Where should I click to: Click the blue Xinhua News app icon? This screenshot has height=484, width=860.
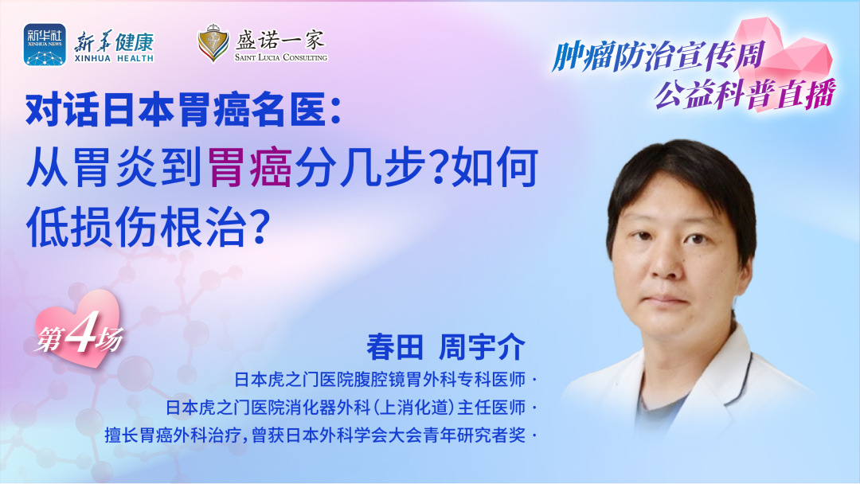[x=45, y=45]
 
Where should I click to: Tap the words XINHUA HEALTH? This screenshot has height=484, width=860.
[x=114, y=58]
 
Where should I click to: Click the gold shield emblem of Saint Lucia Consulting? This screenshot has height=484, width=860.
[x=213, y=42]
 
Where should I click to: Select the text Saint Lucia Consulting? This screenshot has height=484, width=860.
[x=281, y=57]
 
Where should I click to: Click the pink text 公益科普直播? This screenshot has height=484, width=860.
[x=745, y=94]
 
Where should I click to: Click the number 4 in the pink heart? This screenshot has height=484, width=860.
[x=80, y=332]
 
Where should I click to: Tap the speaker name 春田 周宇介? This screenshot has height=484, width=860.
[x=446, y=346]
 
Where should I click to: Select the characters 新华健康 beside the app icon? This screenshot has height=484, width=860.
[x=114, y=41]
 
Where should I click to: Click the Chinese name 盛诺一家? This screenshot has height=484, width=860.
[x=280, y=39]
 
